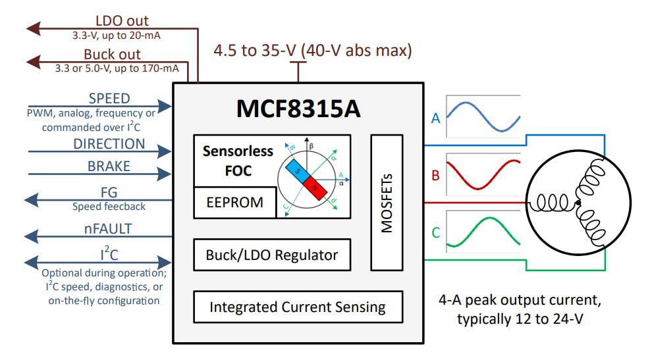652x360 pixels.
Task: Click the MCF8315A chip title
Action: tap(298, 109)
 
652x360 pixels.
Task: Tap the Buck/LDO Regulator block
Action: tap(271, 255)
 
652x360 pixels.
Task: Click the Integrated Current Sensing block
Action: tap(297, 307)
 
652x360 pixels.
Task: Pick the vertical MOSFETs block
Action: tap(387, 203)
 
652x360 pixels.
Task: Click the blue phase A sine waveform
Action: tap(483, 116)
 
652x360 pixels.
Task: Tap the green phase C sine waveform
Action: tap(483, 234)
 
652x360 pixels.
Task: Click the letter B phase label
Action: tap(435, 176)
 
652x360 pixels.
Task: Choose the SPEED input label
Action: tap(109, 99)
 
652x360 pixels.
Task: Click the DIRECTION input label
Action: tap(109, 144)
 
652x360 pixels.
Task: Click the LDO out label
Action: tap(122, 21)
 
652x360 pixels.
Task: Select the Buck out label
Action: tap(112, 55)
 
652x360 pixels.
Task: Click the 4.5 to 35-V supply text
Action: tap(313, 51)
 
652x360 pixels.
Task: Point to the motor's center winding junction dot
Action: tap(578, 203)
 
